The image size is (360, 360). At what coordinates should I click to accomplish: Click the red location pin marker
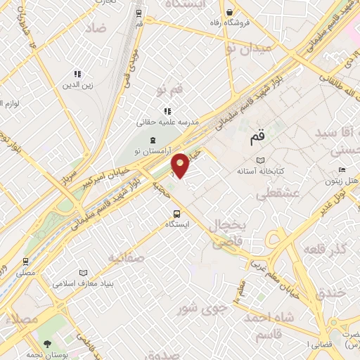181,165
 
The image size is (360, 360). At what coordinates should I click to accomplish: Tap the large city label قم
259,139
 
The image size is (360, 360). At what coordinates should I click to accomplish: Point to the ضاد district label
96,29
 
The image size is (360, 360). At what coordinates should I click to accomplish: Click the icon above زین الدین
77,74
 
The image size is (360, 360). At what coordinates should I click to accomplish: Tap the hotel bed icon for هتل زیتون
342,169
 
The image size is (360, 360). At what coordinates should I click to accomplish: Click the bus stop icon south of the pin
176,214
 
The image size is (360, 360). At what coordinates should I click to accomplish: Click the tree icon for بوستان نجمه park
47,345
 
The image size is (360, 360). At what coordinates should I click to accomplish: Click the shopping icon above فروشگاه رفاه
229,12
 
